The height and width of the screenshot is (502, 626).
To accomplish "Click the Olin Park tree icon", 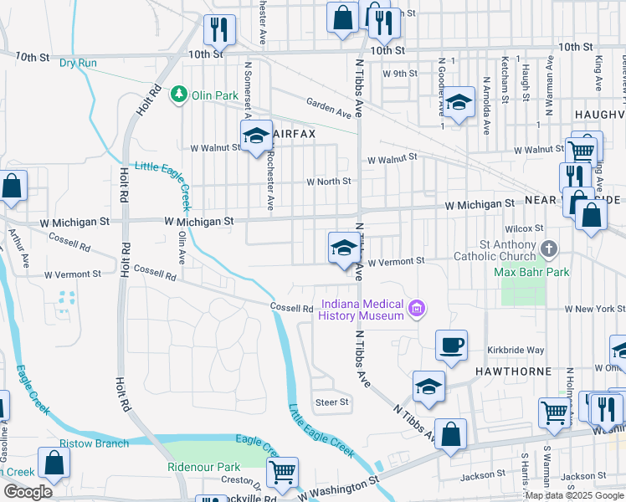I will pos(178,95).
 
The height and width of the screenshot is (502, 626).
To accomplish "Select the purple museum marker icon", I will pos(416,310).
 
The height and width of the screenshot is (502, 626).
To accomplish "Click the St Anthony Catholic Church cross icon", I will pos(548,249).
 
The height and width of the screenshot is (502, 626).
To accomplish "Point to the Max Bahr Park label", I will pos(531,272).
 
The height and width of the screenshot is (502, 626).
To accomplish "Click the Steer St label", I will pos(331,402).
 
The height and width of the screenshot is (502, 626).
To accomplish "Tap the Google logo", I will pos(28,492).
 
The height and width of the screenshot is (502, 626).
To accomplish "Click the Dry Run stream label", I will pos(78,63).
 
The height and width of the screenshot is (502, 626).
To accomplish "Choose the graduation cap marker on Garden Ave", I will pos(459,103).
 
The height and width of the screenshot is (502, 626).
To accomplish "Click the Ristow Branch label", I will pos(94,443).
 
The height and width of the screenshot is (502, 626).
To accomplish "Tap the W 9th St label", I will pos(400,74).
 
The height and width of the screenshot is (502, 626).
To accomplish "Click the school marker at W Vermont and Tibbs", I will pos(343,248).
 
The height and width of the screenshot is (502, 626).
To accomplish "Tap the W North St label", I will pos(327,181).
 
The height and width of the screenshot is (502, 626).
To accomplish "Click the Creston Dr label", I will pos(237,480).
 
